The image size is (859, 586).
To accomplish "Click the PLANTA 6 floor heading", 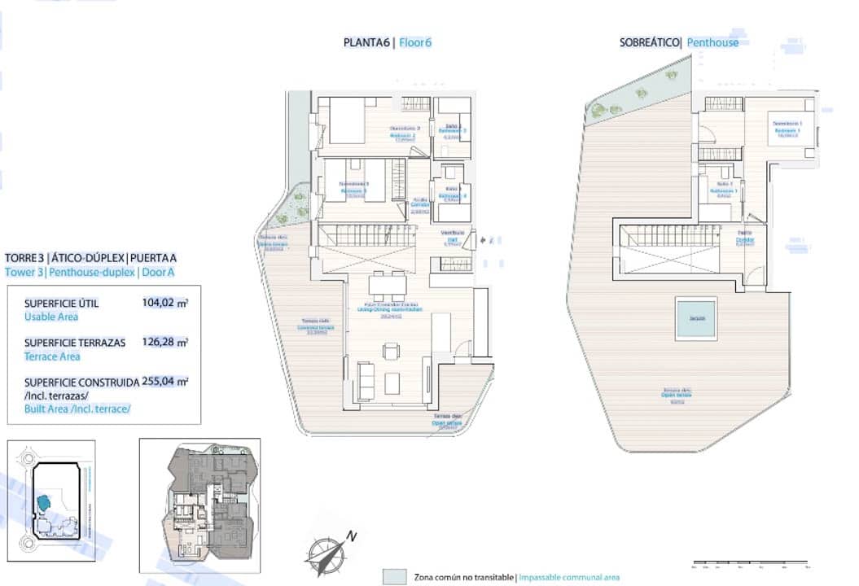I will tap(388, 42).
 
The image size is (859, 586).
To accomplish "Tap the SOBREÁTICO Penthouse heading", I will tap(679, 42).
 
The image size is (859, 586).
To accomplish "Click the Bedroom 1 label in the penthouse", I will tap(787, 128).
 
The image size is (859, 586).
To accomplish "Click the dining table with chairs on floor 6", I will tap(387, 286).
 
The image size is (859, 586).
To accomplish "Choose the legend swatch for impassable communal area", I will tap(395, 576).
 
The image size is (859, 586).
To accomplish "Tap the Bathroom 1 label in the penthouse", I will tap(723, 190).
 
